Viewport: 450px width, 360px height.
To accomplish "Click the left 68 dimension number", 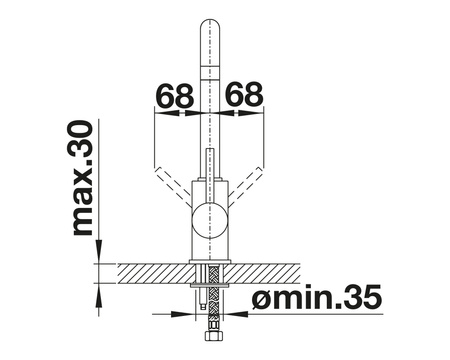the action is coord(175,95).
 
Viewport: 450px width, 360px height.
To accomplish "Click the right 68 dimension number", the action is coord(244,94).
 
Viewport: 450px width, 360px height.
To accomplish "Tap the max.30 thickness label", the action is coord(82,178).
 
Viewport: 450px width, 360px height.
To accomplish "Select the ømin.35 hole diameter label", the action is coord(316,297).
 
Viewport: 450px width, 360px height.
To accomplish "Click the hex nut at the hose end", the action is coord(210,335).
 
